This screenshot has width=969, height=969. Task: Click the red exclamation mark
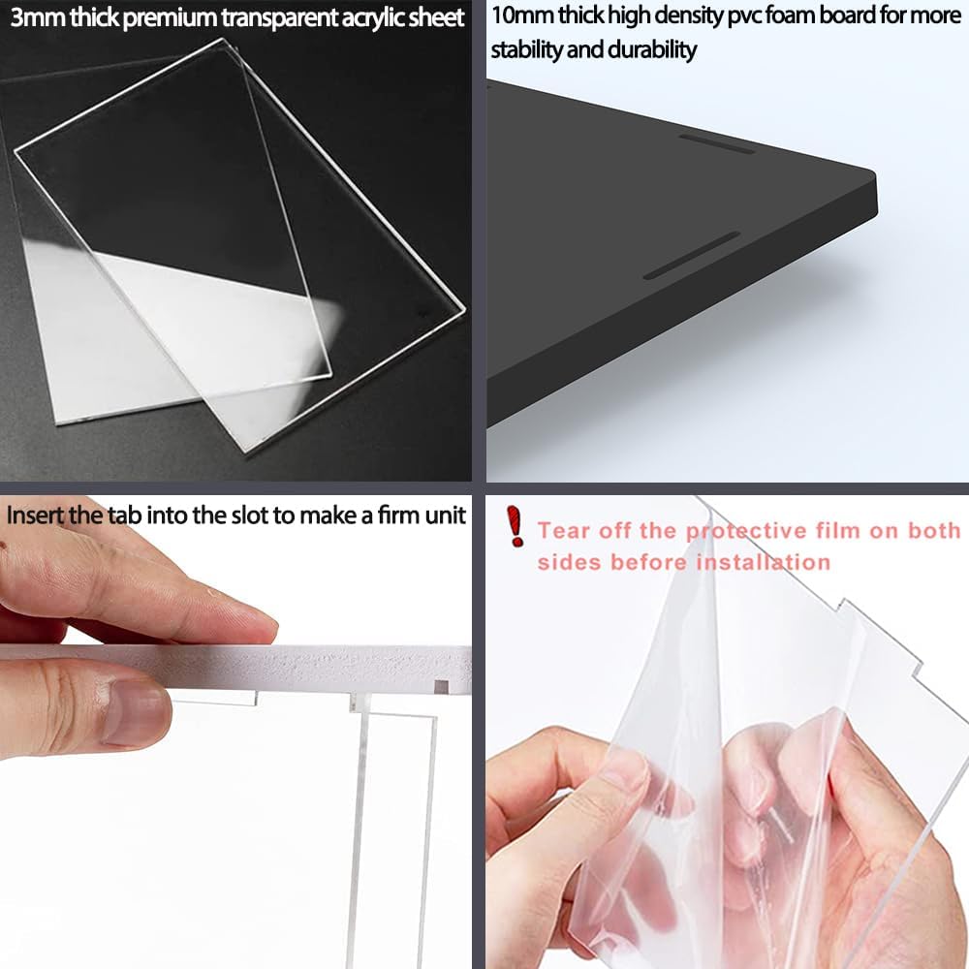pyautogui.click(x=515, y=526)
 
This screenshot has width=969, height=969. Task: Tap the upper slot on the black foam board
pyautogui.click(x=717, y=143)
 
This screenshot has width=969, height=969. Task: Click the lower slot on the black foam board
pyautogui.click(x=692, y=255)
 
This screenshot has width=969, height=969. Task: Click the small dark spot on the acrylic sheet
pyautogui.click(x=422, y=313)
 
